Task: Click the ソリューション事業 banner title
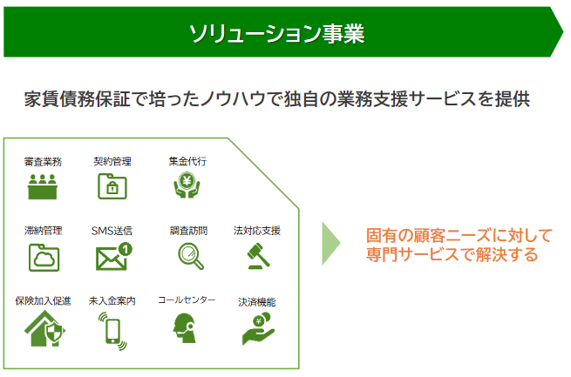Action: click(x=276, y=33)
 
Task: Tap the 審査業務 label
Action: click(x=43, y=162)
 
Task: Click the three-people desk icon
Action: click(x=42, y=186)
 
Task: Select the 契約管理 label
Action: click(x=112, y=161)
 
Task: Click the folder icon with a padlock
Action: click(x=112, y=186)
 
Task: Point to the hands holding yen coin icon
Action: click(x=187, y=185)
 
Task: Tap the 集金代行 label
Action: click(x=187, y=161)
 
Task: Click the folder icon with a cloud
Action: click(x=44, y=258)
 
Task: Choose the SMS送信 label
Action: click(x=112, y=231)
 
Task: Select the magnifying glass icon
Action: click(x=191, y=256)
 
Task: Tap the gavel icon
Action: click(x=258, y=256)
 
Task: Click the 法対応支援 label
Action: click(x=257, y=231)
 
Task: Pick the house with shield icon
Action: click(x=44, y=328)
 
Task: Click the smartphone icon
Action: click(x=112, y=331)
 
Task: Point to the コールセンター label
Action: click(x=187, y=300)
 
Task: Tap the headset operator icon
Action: click(x=185, y=328)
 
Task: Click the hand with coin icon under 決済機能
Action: click(x=258, y=329)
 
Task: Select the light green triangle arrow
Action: click(x=330, y=243)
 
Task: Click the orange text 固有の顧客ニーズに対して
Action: click(x=459, y=236)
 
